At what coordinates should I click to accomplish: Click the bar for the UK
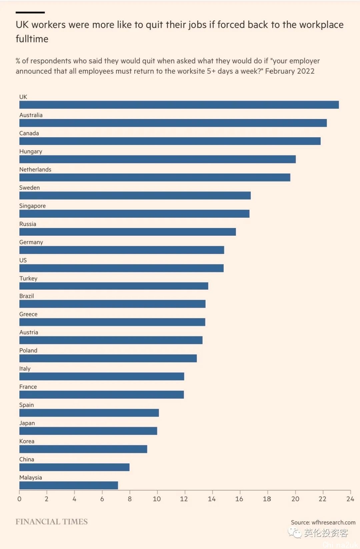click(x=179, y=105)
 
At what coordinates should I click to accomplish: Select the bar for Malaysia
click(x=69, y=485)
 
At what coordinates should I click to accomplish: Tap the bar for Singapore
click(x=134, y=214)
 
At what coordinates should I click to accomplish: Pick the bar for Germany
click(x=122, y=250)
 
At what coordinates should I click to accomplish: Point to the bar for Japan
click(x=88, y=431)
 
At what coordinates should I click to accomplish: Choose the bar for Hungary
click(x=157, y=159)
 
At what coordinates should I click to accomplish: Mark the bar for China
click(x=74, y=467)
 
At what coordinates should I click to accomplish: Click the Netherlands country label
click(x=35, y=169)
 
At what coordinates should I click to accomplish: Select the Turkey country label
click(x=28, y=278)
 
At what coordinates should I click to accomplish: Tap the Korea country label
click(x=27, y=441)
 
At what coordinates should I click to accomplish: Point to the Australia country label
click(x=31, y=115)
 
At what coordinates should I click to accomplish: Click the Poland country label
click(x=28, y=350)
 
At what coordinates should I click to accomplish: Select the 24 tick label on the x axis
click(x=350, y=499)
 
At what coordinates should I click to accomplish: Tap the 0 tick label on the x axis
click(x=19, y=499)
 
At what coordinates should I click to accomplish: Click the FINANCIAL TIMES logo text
click(x=52, y=522)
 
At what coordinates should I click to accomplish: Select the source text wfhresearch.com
click(x=333, y=522)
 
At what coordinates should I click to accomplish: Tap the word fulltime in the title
click(x=32, y=39)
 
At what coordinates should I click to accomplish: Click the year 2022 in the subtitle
click(x=306, y=71)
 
